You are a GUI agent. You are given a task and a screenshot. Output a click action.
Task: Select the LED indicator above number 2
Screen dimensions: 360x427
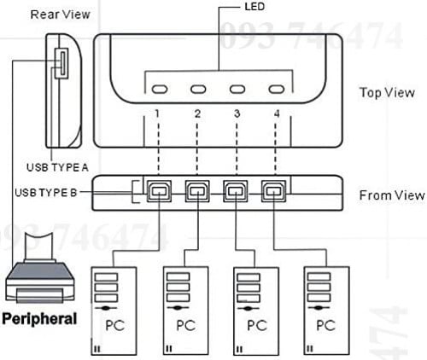click(200, 90)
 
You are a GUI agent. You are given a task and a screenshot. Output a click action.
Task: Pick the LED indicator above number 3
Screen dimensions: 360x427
click(238, 90)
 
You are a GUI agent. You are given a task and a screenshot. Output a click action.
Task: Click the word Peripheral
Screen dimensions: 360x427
click(40, 318)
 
